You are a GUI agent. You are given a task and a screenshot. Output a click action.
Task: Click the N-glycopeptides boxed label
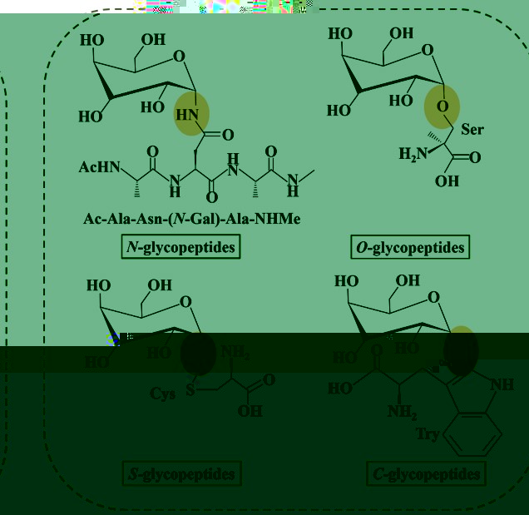coord(180,247)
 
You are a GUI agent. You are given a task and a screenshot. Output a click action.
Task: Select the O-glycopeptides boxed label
coord(410,247)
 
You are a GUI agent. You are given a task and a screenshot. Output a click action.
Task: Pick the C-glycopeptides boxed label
coord(425,474)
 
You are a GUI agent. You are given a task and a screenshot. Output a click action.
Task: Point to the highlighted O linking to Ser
coord(444,107)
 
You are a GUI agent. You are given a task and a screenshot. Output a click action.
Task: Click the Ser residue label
coord(472,130)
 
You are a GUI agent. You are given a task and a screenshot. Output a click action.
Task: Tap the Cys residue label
coord(163,394)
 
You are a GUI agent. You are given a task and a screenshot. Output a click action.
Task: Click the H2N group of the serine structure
coord(413,153)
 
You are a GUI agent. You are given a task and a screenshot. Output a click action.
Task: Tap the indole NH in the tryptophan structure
coord(502,384)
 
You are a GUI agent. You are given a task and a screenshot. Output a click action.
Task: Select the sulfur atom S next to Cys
coord(191,393)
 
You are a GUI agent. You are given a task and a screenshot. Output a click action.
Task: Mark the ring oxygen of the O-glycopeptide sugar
coord(427,53)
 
